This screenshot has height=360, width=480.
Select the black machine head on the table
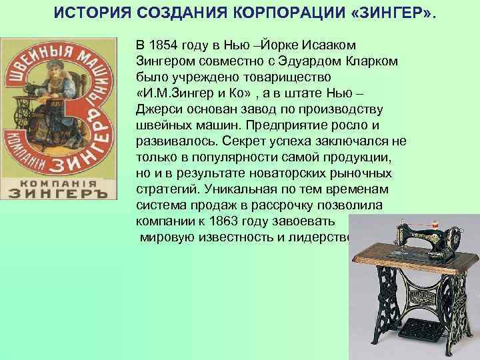pyautogui.click(x=420, y=240)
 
